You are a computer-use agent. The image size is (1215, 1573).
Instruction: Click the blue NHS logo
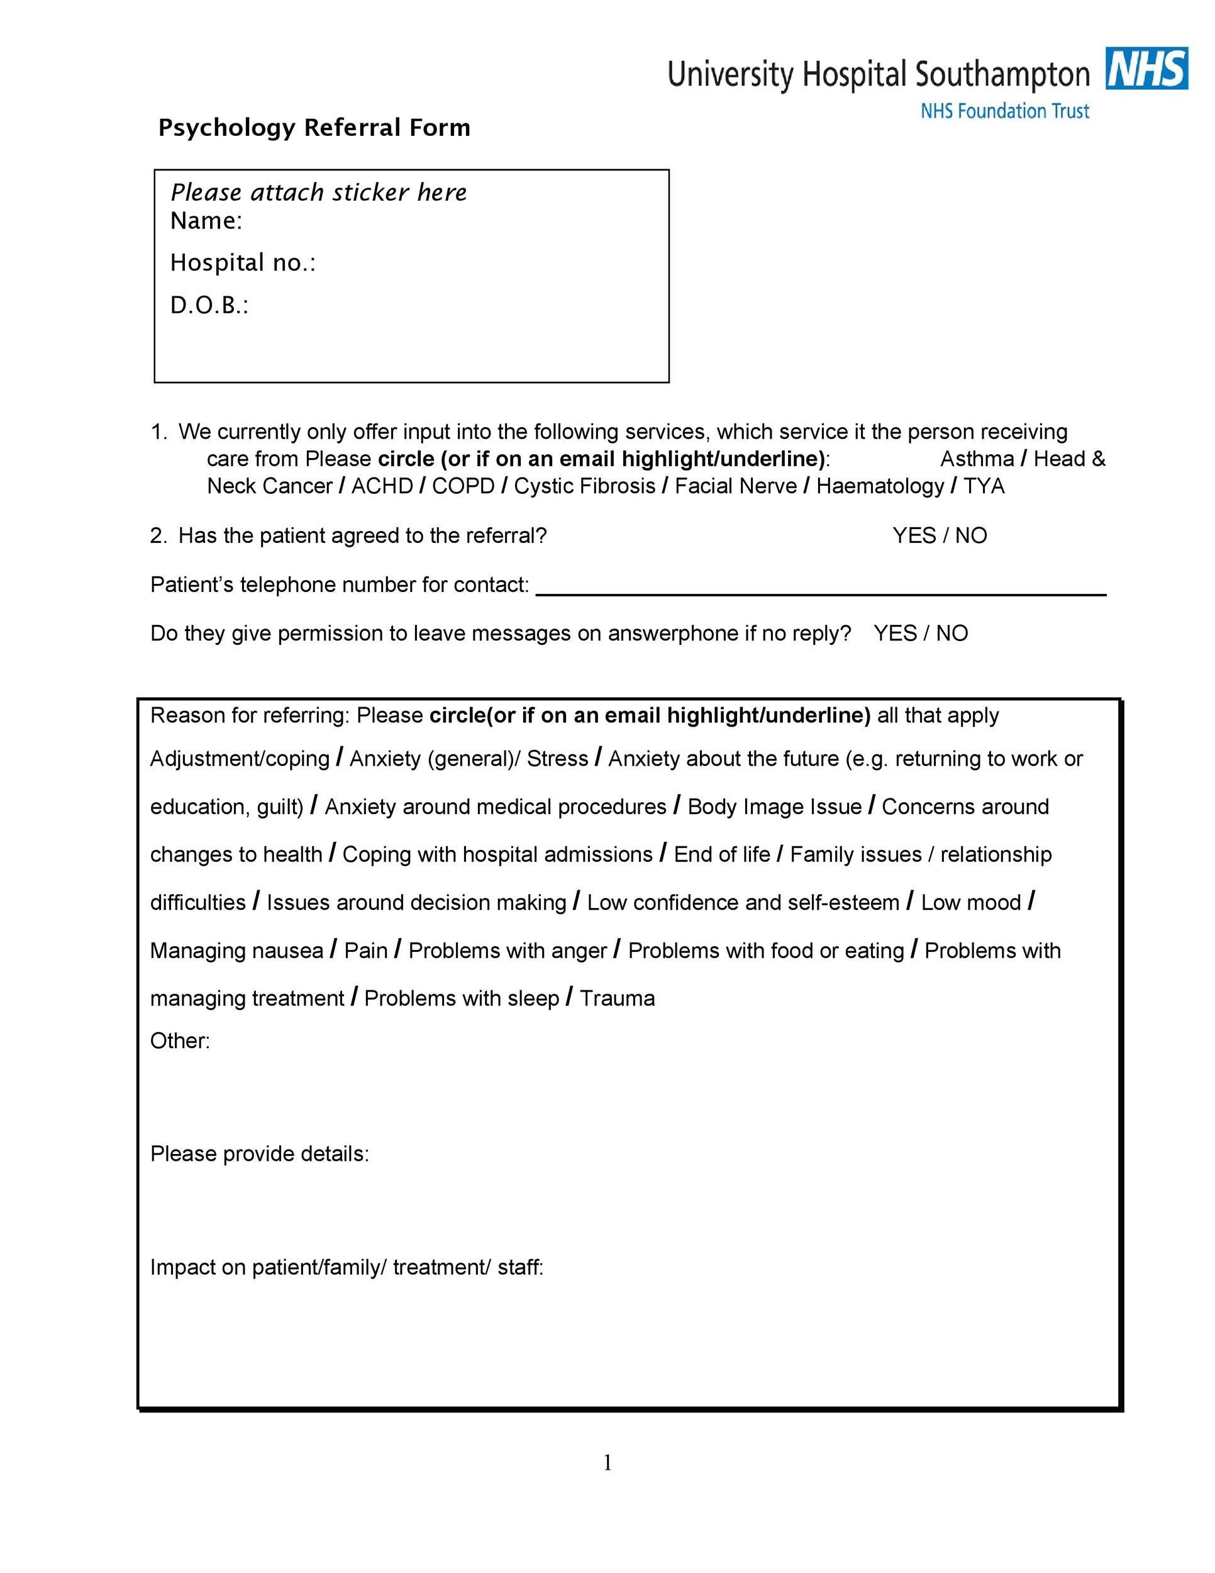tap(1146, 69)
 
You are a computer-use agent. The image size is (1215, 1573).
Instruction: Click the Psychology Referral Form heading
tap(314, 128)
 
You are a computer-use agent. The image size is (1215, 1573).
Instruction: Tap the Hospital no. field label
tap(243, 263)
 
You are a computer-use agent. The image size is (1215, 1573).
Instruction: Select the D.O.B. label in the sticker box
tap(209, 305)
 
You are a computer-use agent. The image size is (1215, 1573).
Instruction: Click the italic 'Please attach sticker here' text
tap(318, 193)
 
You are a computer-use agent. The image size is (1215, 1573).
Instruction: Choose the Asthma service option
tap(976, 459)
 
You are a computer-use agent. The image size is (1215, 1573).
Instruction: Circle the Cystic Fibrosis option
tap(584, 486)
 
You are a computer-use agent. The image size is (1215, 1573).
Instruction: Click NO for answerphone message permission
tap(951, 633)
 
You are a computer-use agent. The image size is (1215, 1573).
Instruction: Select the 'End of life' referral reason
tap(721, 854)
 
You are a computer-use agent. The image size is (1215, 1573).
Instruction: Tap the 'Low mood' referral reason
tap(970, 902)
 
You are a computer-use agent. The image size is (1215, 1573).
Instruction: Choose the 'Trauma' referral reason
tap(617, 999)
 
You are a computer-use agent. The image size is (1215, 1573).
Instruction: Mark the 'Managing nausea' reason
tap(236, 951)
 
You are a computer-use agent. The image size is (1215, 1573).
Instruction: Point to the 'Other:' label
tap(180, 1041)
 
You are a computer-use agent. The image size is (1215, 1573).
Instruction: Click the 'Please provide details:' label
tap(259, 1154)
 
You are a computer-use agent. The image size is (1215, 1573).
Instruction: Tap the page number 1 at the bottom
tap(607, 1463)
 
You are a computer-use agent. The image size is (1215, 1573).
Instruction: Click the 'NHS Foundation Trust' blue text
tap(1004, 111)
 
